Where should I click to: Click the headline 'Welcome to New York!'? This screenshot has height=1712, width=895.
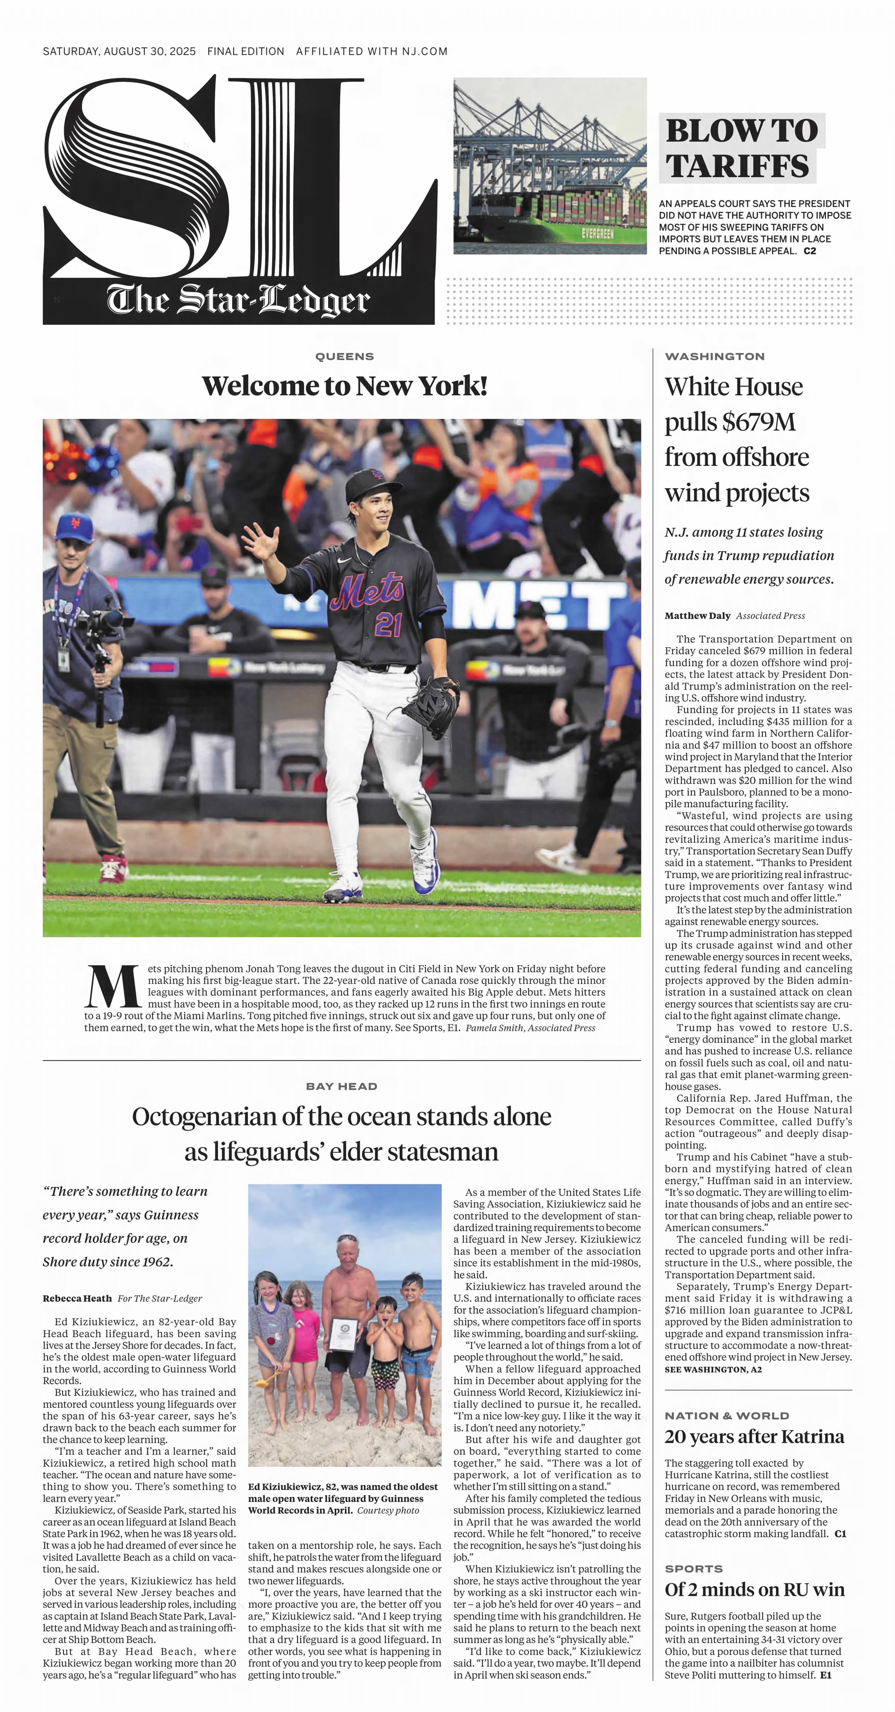tap(344, 386)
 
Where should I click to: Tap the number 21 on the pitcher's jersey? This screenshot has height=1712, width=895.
tap(388, 625)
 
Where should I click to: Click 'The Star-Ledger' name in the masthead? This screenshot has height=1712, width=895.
tap(238, 301)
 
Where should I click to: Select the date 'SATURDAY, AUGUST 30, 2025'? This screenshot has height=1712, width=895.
tap(119, 51)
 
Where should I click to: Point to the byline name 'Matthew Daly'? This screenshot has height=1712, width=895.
tap(697, 615)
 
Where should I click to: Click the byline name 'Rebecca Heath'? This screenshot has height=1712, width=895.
tap(77, 1298)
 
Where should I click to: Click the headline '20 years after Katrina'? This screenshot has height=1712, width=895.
tap(754, 1437)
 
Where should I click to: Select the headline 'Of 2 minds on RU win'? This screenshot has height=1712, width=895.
tap(754, 1590)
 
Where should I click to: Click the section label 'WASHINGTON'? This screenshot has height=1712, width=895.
tap(714, 356)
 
